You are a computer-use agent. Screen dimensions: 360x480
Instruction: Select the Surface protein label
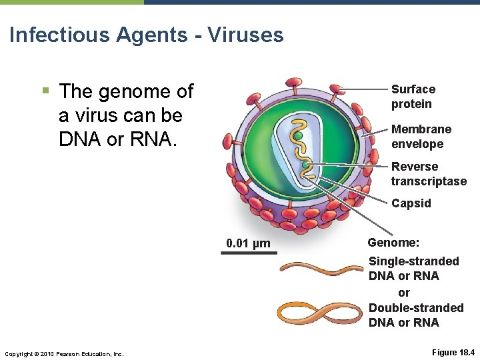413,97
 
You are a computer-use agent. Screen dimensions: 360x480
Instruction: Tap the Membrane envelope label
421,137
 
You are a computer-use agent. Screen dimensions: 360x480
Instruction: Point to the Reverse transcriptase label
428,174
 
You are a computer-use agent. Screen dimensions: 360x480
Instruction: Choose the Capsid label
411,203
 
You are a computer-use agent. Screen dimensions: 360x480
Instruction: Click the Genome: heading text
393,243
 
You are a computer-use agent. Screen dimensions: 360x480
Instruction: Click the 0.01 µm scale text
248,243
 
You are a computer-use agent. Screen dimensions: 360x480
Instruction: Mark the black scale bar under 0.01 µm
249,253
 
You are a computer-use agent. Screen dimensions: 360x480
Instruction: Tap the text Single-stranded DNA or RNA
413,268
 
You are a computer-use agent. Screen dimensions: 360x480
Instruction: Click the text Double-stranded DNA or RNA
415,315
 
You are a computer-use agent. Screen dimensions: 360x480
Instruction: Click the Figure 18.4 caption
453,352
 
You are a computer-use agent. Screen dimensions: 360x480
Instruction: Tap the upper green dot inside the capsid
299,135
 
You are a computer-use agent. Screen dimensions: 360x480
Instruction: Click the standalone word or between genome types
403,293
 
